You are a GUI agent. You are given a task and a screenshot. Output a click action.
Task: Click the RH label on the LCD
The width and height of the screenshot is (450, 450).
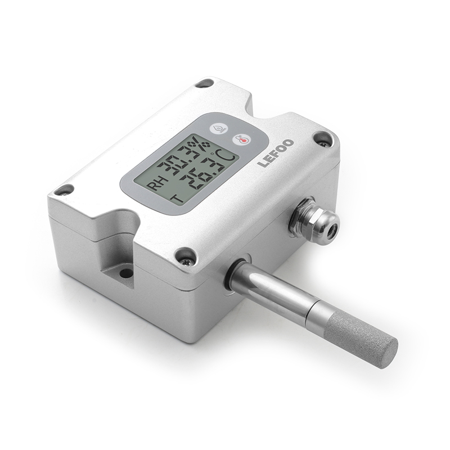click(153, 186)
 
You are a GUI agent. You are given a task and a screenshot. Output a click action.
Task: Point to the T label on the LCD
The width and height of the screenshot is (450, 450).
click(177, 198)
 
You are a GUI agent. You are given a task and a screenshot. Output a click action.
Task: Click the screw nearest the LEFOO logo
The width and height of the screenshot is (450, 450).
click(322, 138)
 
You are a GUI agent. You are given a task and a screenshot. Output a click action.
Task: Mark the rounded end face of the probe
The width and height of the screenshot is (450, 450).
click(388, 354)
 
